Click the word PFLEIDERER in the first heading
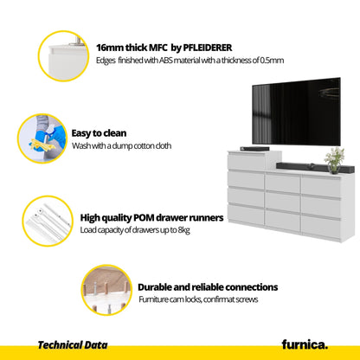click(x=208, y=48)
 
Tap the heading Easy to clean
click(x=99, y=133)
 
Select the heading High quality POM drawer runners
click(x=151, y=218)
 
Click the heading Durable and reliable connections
click(x=208, y=287)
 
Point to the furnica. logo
click(x=305, y=344)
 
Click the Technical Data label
click(x=73, y=345)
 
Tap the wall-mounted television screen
click(x=296, y=112)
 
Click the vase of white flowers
click(x=334, y=160)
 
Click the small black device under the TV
click(x=254, y=149)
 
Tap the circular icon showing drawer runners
click(x=48, y=221)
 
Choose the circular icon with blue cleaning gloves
click(x=42, y=138)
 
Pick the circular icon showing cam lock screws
click(x=106, y=290)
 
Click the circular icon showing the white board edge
click(x=64, y=56)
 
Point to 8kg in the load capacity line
click(x=184, y=230)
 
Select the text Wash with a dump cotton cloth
click(x=121, y=146)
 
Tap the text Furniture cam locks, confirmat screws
click(x=198, y=299)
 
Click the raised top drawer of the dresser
click(x=246, y=161)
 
